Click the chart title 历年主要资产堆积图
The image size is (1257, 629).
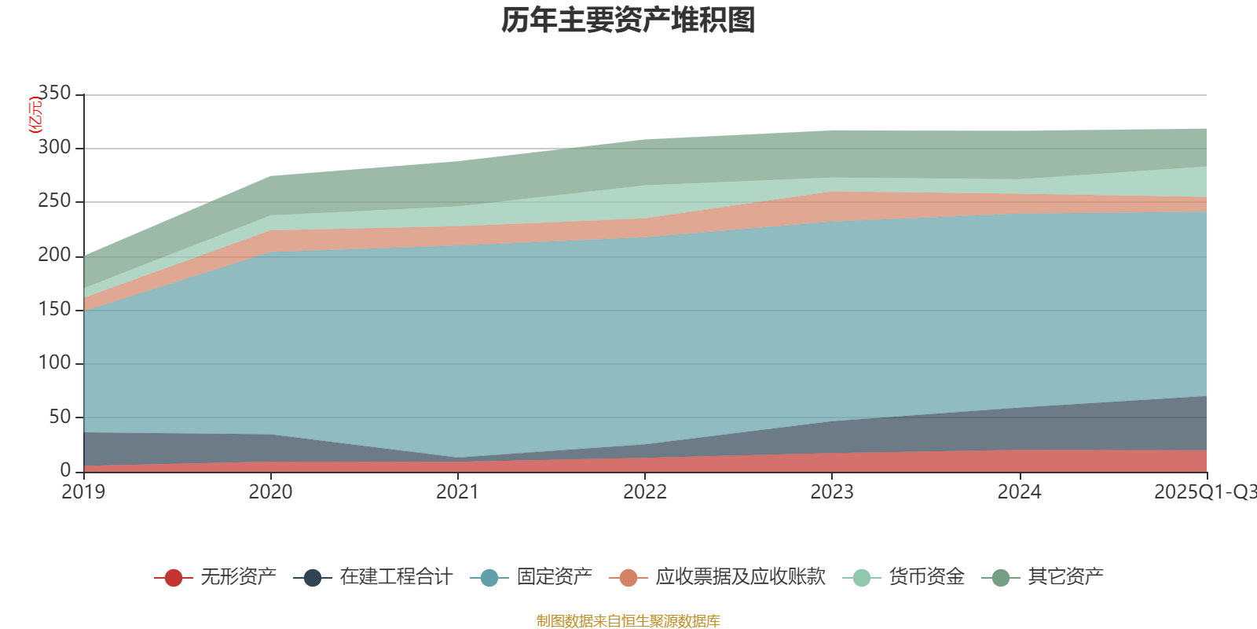[628, 21]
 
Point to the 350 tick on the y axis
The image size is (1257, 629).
[54, 94]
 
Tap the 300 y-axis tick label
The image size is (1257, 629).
[54, 148]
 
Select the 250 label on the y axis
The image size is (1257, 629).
[54, 201]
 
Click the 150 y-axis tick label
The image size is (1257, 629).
[54, 309]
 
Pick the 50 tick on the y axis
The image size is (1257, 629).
[60, 417]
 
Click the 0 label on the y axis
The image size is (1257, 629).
[65, 470]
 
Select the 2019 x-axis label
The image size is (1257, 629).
[83, 492]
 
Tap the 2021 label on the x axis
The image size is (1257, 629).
[457, 492]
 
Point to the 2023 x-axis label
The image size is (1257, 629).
[832, 492]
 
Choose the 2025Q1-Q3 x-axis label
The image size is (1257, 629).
[1204, 492]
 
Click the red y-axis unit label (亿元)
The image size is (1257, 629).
[35, 115]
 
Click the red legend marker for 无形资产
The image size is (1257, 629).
[174, 578]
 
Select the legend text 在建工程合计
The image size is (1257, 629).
[396, 577]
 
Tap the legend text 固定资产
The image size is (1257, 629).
[554, 577]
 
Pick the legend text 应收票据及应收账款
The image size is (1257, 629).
[740, 577]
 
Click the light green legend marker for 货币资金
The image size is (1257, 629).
[862, 578]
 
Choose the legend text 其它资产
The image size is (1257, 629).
[1065, 577]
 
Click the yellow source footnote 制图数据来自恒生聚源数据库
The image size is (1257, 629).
[628, 621]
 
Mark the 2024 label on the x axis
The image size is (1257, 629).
[1019, 492]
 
